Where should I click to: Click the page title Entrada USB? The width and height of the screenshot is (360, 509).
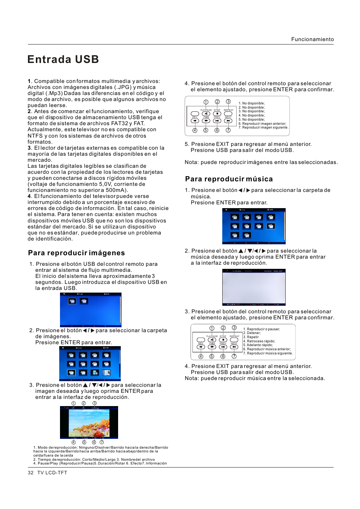[63, 60]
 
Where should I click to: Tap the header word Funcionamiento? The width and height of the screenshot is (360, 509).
[312, 39]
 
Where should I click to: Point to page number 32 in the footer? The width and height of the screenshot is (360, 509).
[31, 473]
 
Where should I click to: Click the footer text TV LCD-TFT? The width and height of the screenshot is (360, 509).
[52, 473]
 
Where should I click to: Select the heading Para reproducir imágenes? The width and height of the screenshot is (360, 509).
[76, 253]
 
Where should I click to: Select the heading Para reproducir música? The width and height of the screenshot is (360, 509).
[229, 179]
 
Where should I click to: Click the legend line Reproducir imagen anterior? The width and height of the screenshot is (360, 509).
[264, 124]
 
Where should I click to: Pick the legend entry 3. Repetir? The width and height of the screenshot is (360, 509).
[251, 337]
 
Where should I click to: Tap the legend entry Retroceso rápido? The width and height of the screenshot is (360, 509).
[260, 341]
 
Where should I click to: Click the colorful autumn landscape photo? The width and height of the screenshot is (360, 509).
[89, 423]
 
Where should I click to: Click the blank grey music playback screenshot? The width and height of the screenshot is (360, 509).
[254, 287]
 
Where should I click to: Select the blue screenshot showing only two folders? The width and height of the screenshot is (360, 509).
[91, 310]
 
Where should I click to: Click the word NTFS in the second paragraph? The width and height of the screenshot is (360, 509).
[35, 136]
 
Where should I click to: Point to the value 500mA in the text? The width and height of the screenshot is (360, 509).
[116, 190]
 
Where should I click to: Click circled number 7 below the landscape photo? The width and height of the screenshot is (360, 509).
[102, 442]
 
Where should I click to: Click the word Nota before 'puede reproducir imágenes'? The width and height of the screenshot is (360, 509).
[191, 163]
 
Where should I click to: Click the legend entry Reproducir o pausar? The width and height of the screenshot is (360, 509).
[263, 329]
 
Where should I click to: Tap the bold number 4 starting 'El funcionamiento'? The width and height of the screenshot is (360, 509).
[29, 196]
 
